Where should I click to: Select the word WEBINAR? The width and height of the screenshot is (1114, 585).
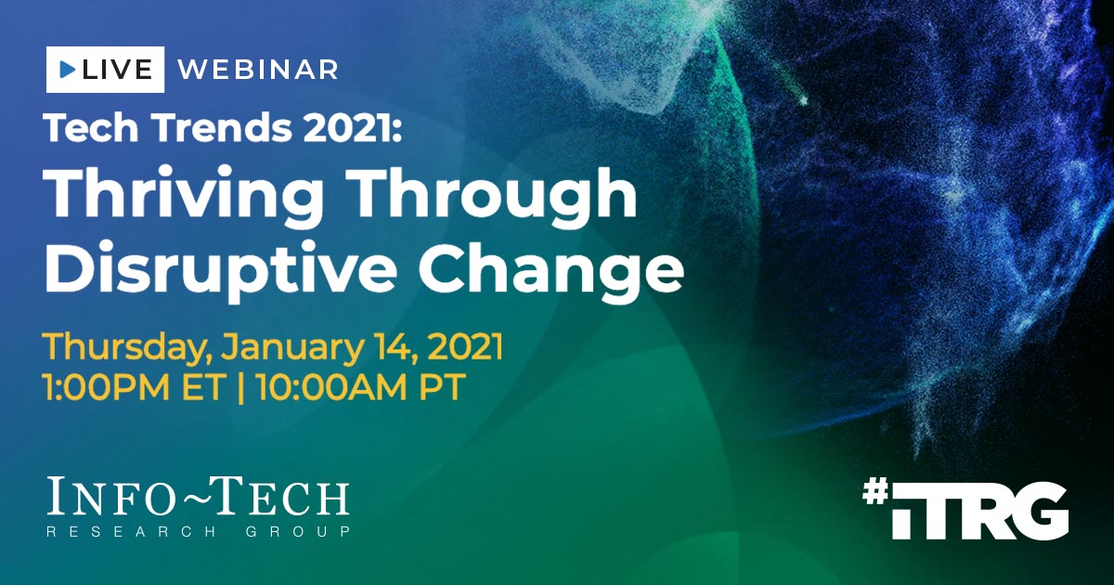[257, 70]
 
